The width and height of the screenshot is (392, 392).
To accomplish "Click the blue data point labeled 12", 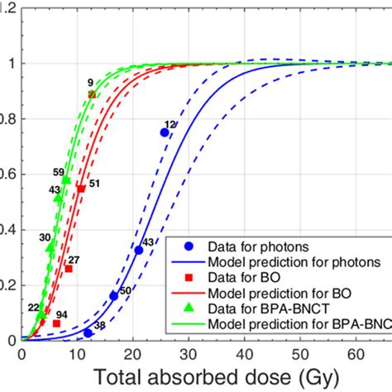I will pyautogui.click(x=165, y=132).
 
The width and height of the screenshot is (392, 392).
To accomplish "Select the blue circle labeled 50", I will pyautogui.click(x=114, y=295).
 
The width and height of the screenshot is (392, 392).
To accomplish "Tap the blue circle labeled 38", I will pyautogui.click(x=88, y=333).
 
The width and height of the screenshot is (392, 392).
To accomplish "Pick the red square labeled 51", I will pyautogui.click(x=81, y=189).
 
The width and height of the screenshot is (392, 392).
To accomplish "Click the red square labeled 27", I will pyautogui.click(x=69, y=269).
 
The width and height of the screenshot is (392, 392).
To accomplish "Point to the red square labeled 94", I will pyautogui.click(x=56, y=323).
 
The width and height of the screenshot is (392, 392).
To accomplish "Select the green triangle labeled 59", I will pyautogui.click(x=66, y=179).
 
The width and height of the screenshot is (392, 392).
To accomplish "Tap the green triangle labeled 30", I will pyautogui.click(x=50, y=246).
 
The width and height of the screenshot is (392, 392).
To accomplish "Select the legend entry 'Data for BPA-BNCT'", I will pyautogui.click(x=266, y=308).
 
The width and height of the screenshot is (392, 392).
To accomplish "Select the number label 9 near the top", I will pyautogui.click(x=89, y=82).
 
